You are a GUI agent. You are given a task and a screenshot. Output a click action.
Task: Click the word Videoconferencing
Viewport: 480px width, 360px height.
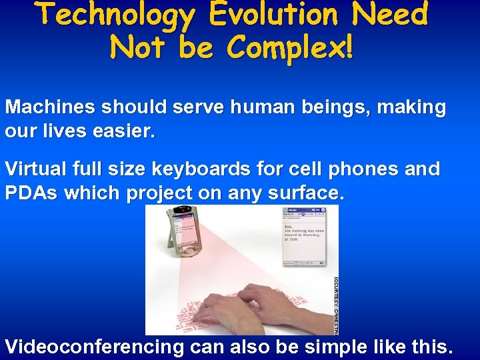(x=94, y=347)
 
